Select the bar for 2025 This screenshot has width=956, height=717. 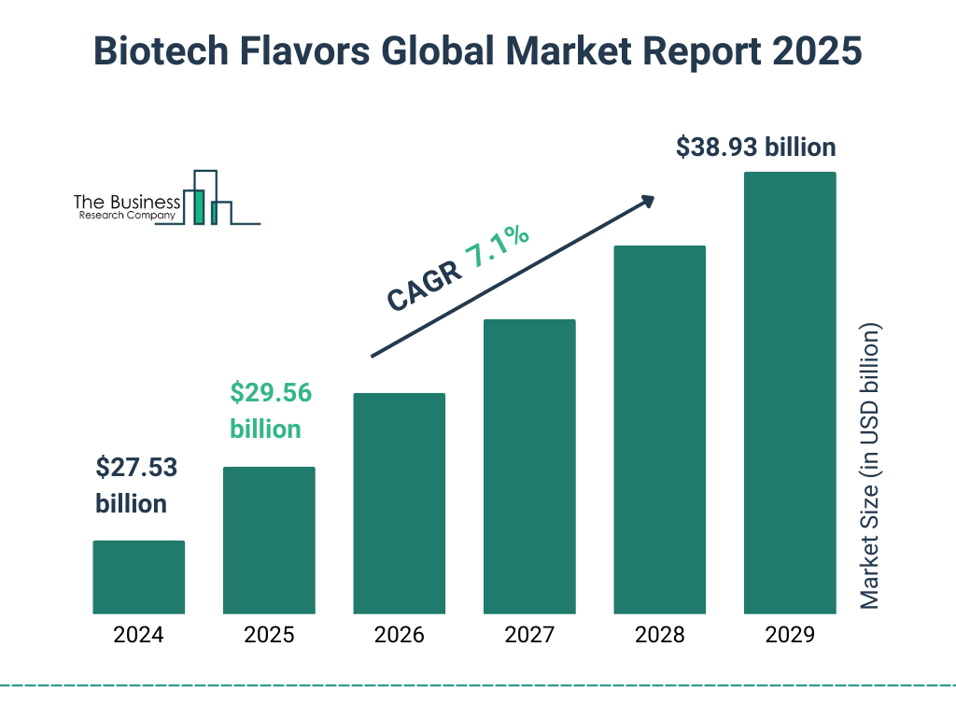(269, 541)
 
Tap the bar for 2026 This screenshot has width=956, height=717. (399, 503)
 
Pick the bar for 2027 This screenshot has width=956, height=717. (529, 467)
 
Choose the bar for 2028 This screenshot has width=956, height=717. (659, 429)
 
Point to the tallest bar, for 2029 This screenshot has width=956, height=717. (790, 393)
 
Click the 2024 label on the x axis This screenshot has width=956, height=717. (138, 636)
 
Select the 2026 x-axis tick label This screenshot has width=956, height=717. (399, 636)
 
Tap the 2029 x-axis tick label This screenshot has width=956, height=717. (790, 636)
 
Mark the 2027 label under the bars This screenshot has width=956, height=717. (529, 636)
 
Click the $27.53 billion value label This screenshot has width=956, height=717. (136, 485)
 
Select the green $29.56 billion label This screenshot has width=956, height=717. (270, 411)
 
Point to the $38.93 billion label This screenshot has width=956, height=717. (755, 148)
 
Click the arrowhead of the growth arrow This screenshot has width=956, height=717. (646, 201)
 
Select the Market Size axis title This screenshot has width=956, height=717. (870, 467)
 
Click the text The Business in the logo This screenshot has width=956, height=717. (127, 202)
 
